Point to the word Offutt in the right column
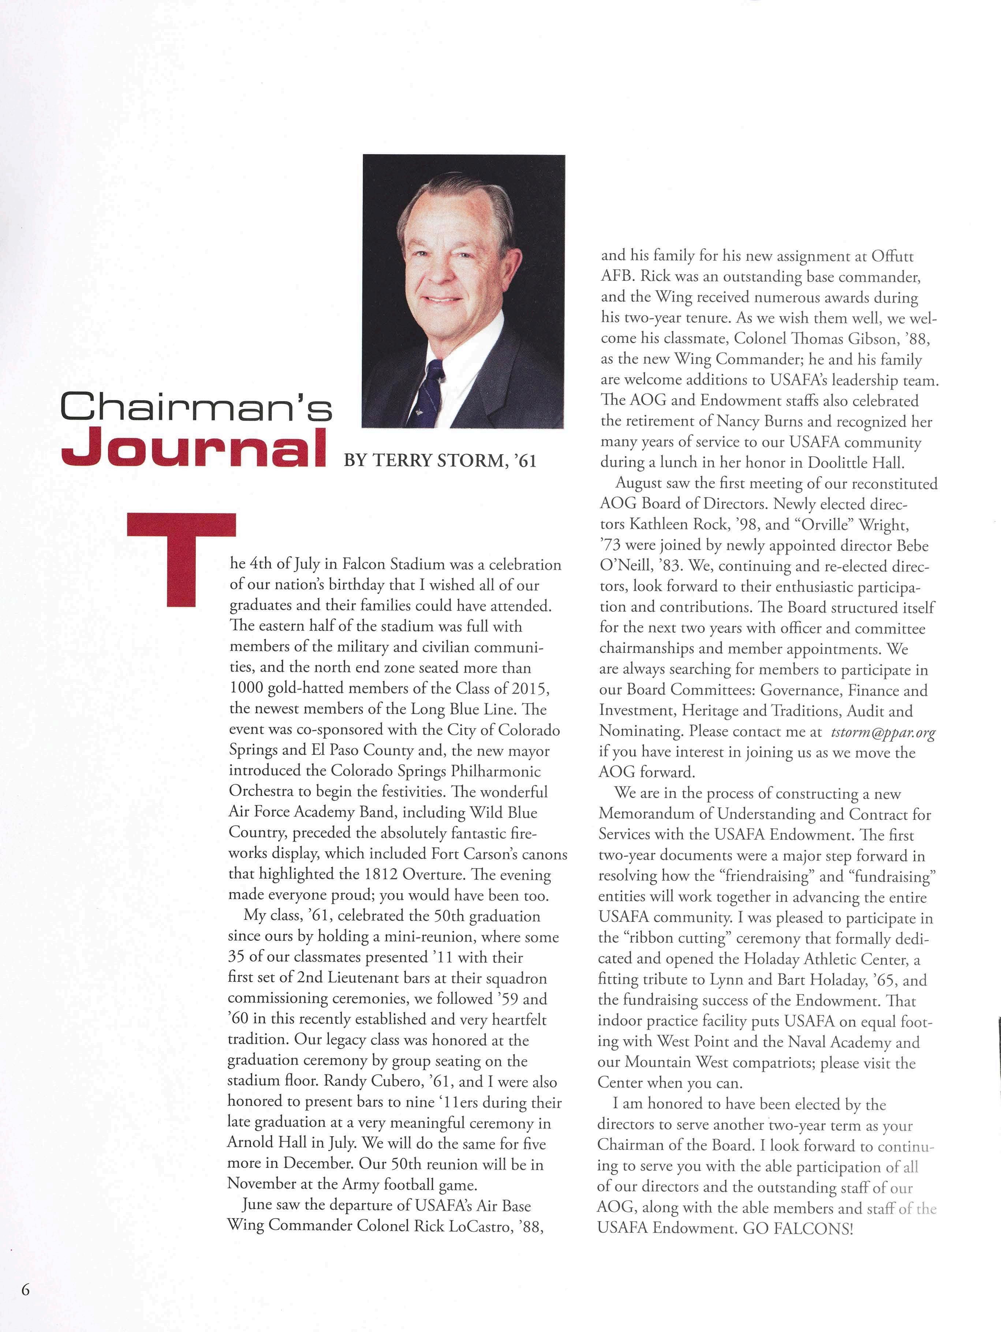[893, 257]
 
